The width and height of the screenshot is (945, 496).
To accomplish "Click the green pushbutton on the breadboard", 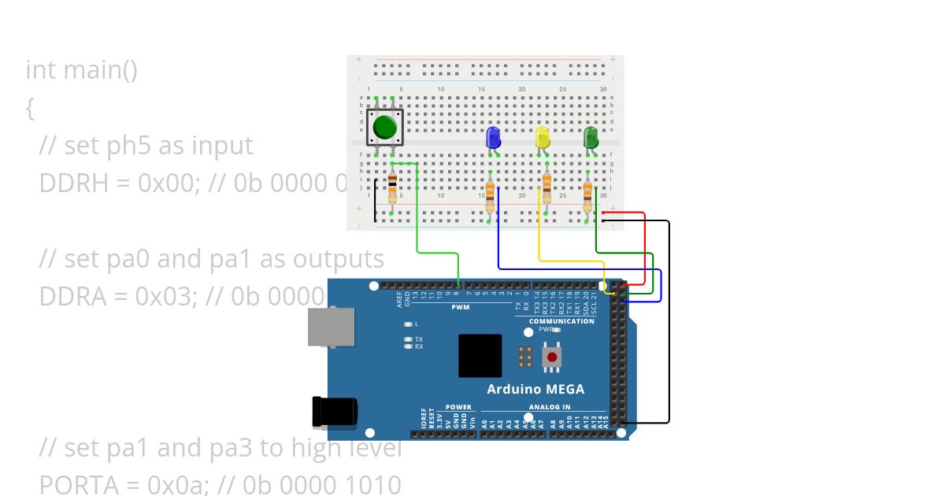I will (384, 127).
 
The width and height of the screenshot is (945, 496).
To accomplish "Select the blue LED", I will (494, 138).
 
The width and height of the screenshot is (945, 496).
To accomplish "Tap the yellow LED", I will (543, 139).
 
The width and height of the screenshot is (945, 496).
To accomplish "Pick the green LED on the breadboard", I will (591, 138).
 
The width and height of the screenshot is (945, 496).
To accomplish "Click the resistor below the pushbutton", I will (392, 190).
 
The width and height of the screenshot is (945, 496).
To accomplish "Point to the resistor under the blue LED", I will (490, 193).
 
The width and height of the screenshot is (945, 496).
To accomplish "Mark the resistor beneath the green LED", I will (587, 194).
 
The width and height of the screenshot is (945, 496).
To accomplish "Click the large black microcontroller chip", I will (480, 356).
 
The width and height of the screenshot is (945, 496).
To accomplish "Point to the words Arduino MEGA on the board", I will (535, 389).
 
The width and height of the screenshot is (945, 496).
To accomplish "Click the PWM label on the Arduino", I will (461, 307).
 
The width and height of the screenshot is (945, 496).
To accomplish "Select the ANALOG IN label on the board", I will (550, 407).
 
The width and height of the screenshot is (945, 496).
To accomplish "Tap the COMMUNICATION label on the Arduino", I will (561, 321).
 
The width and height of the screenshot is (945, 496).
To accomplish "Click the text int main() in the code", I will (82, 70).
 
